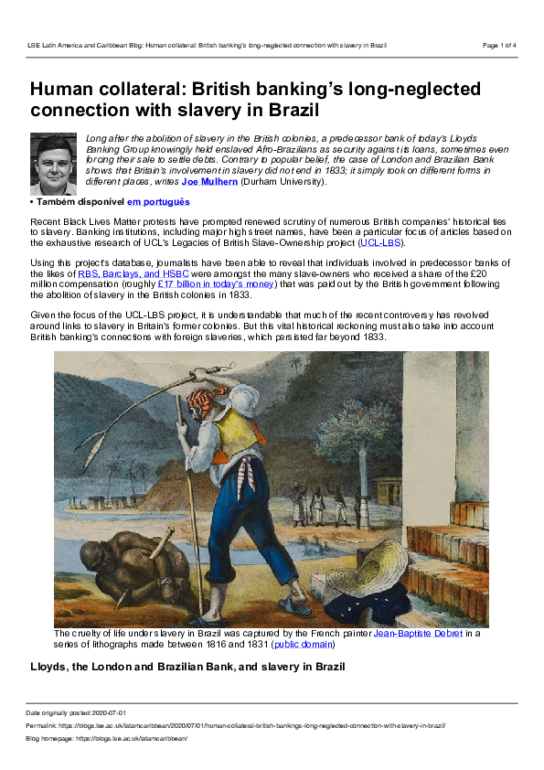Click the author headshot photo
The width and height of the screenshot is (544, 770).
pyautogui.click(x=54, y=163)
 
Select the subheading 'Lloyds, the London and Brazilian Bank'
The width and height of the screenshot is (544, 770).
pyautogui.click(x=187, y=667)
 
